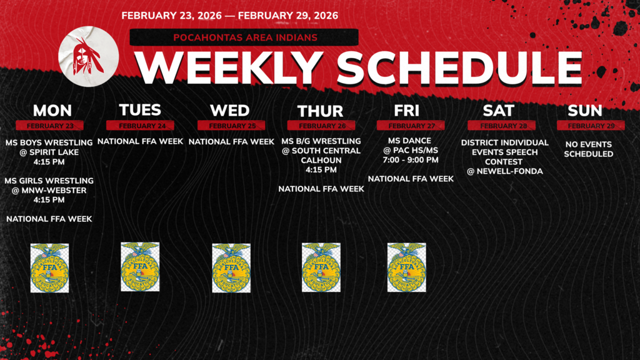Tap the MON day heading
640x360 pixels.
pos(52,111)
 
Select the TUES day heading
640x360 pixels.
pos(140,110)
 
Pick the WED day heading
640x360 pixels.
pos(230,111)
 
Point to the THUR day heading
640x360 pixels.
pos(320,111)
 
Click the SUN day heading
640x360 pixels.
pos(585,111)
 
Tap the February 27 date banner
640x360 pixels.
pos(410,126)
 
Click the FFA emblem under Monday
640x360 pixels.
pos(49,268)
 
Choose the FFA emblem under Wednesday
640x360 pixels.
pos(231,268)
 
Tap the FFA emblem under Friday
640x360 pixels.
pos(406,267)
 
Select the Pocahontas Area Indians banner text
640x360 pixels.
pos(244,37)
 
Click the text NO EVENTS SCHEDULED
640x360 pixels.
pos(589,149)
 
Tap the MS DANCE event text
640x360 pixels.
pos(410,141)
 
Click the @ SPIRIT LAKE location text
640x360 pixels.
pos(49,152)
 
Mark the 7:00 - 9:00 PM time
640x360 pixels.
pos(411,160)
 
